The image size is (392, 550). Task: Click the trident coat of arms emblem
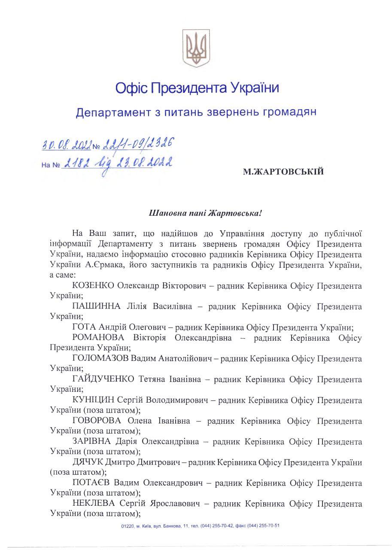196,48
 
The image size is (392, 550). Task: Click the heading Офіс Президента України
197,89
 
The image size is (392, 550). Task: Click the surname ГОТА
85,327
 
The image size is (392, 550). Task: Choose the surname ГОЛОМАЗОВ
100,358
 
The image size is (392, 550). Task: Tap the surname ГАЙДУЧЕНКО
104,379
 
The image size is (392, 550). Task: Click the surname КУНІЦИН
93,400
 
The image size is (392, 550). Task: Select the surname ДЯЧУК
88,462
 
